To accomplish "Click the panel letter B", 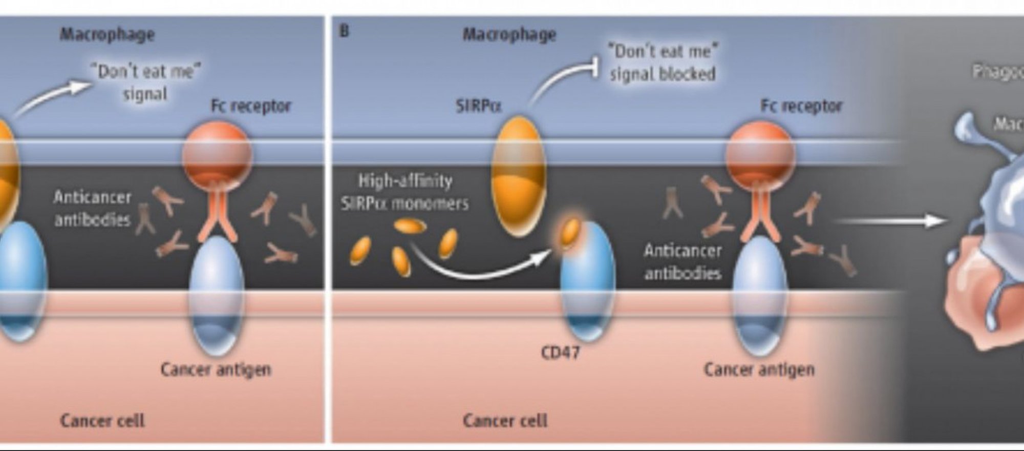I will [344, 31].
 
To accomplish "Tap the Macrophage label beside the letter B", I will [509, 34].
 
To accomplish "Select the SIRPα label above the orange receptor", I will [478, 106].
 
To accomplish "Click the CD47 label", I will [560, 353].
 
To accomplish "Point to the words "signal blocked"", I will [662, 74].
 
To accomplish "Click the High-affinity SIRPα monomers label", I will [404, 192].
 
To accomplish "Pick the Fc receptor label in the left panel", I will [250, 106].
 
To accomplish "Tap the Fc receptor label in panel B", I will [801, 106].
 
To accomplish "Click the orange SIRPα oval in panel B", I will [518, 174].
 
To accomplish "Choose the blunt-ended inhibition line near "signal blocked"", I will [563, 77].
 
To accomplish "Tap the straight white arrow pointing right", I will [891, 221].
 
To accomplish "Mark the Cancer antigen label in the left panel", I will [216, 369].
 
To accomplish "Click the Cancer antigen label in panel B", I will [759, 369].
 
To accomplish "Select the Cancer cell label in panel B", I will [505, 421].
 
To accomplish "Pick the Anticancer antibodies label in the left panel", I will [92, 209].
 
